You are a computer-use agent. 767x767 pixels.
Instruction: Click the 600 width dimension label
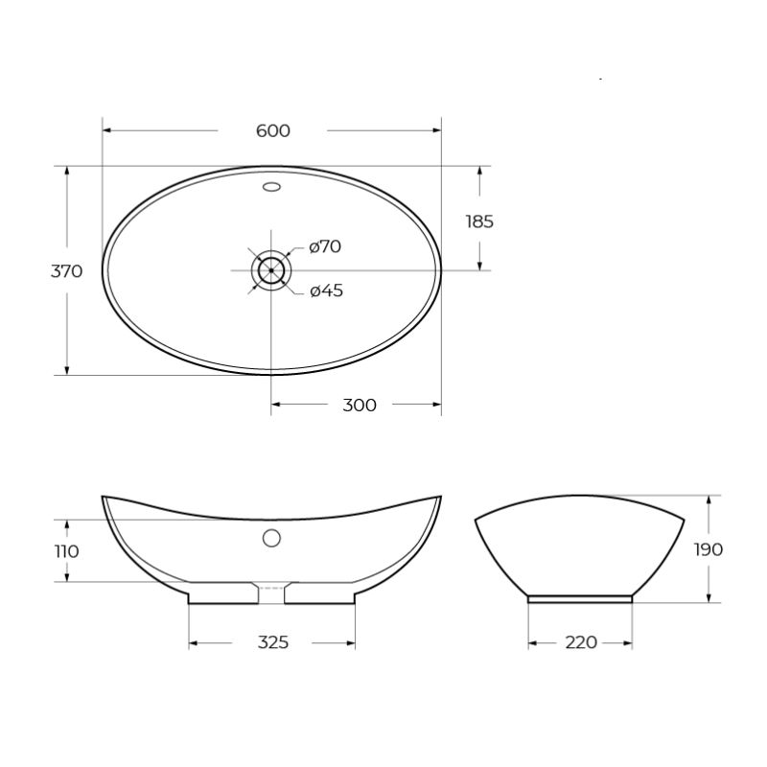click(273, 130)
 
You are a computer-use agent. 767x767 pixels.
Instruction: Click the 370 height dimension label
click(66, 271)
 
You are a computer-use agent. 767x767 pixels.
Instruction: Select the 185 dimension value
click(479, 221)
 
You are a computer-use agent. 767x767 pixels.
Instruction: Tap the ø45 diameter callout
click(326, 291)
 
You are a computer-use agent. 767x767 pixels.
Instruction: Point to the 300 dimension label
click(360, 406)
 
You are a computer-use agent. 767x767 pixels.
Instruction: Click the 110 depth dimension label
click(66, 551)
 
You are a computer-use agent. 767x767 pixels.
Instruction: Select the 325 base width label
click(273, 642)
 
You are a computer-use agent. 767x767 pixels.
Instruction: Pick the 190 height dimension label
click(708, 549)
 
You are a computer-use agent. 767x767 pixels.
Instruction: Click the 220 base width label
click(581, 642)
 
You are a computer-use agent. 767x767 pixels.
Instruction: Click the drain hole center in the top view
click(271, 270)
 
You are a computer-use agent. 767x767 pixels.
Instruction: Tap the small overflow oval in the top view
click(271, 187)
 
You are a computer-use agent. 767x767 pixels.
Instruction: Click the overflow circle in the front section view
click(271, 538)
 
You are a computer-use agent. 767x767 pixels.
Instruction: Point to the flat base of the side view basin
click(580, 598)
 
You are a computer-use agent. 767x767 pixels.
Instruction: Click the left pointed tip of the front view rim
click(104, 497)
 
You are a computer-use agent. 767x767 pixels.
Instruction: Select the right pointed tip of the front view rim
click(440, 497)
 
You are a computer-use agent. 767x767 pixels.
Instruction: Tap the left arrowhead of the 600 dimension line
click(106, 130)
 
